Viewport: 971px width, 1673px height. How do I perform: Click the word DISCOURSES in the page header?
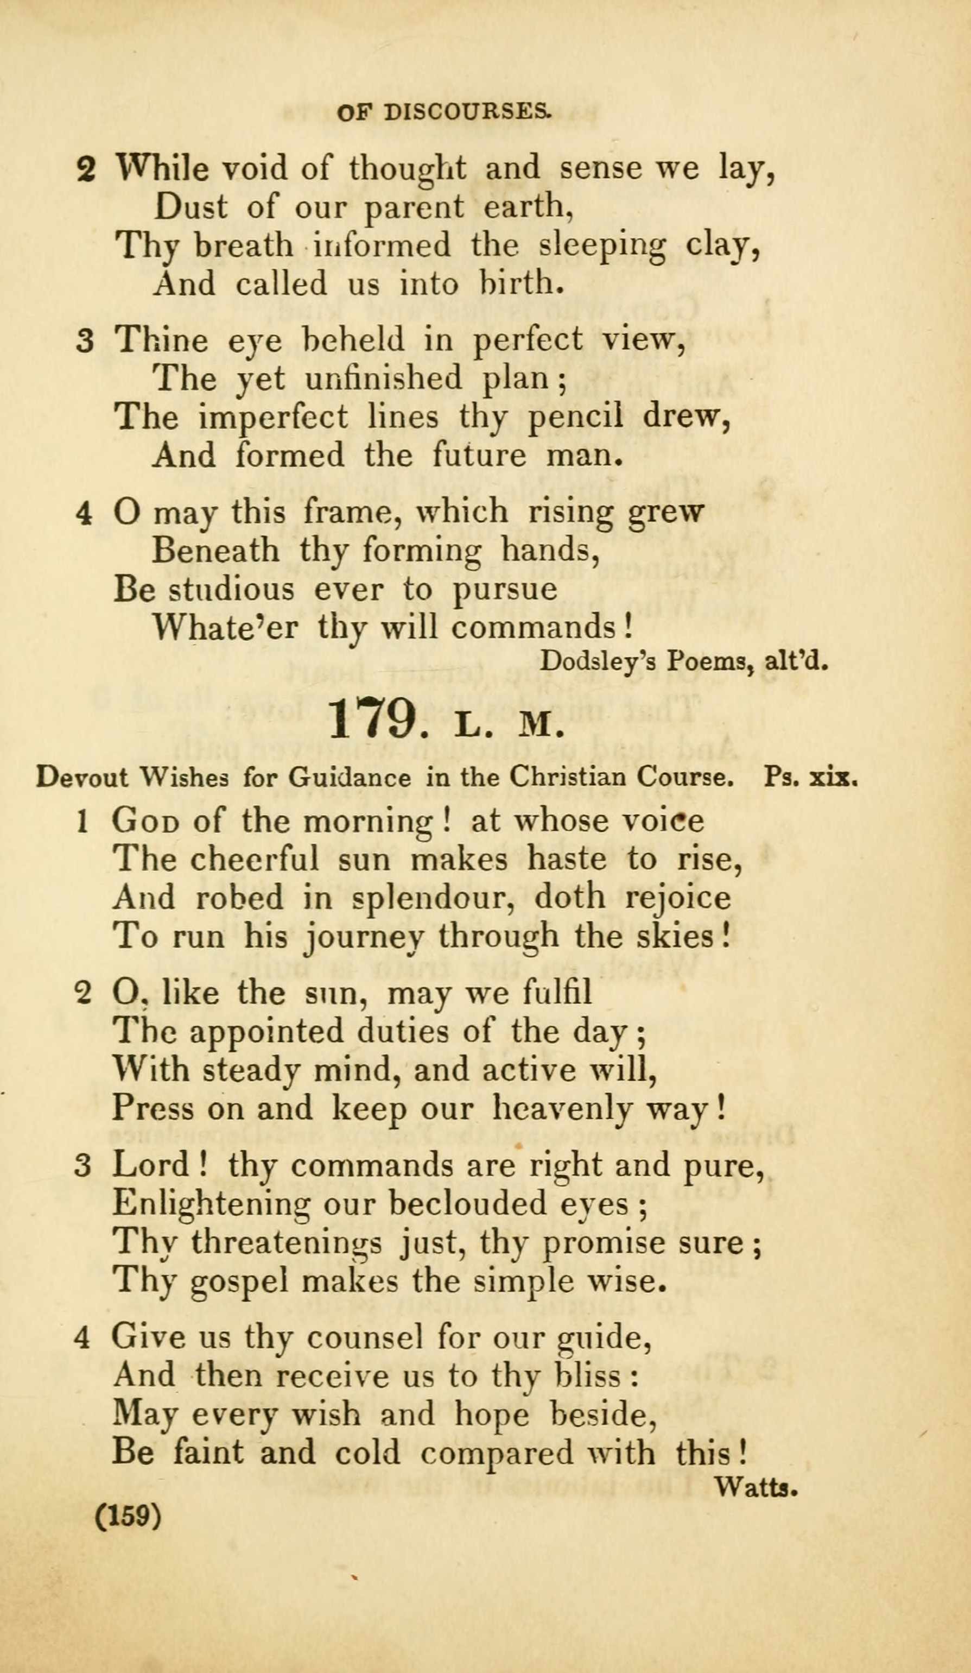click(467, 111)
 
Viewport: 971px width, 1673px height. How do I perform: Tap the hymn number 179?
click(372, 719)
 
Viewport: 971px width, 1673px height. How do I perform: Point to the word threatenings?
click(286, 1243)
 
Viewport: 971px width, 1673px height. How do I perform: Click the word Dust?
click(190, 207)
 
